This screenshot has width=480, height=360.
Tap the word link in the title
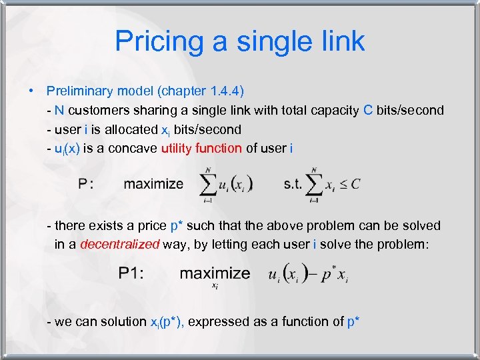tap(339, 41)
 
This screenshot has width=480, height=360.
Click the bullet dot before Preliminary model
tap(31, 91)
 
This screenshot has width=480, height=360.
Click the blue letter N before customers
tap(59, 110)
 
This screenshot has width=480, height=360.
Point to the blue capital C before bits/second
tap(368, 110)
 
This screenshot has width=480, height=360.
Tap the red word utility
tap(177, 147)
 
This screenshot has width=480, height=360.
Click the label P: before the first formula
tap(85, 183)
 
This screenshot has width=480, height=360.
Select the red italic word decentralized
tap(119, 244)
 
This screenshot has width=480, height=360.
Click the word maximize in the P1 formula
tap(215, 273)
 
